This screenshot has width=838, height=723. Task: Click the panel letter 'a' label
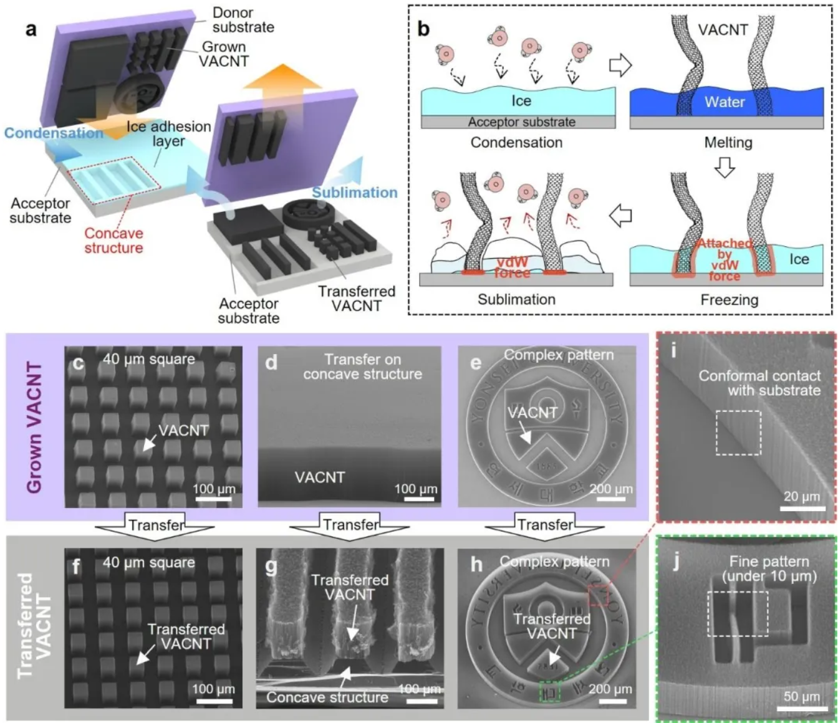tap(31, 29)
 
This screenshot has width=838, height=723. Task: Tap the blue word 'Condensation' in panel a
tap(54, 133)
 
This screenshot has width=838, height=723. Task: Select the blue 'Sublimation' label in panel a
tap(354, 193)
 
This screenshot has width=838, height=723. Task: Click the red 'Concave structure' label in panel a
tap(113, 241)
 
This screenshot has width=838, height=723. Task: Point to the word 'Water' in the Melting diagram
tap(725, 102)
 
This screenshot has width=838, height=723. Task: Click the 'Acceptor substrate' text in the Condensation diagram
tap(521, 122)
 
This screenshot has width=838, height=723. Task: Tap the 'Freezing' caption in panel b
tap(729, 300)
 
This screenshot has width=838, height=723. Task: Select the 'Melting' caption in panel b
tap(728, 143)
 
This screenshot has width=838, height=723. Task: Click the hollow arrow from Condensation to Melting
tap(620, 65)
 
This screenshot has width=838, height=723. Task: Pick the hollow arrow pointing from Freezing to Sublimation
tap(620, 216)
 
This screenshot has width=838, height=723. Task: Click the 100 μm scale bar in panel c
tap(213, 499)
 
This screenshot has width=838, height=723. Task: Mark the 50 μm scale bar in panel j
tap(799, 708)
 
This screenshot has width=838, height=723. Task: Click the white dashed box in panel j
tap(738, 614)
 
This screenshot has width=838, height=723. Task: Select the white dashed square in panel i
tap(738, 433)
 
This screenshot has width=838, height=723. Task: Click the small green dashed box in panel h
tap(550, 691)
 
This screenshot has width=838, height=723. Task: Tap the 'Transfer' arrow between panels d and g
tap(350, 525)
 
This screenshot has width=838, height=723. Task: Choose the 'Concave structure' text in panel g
tap(327, 697)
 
